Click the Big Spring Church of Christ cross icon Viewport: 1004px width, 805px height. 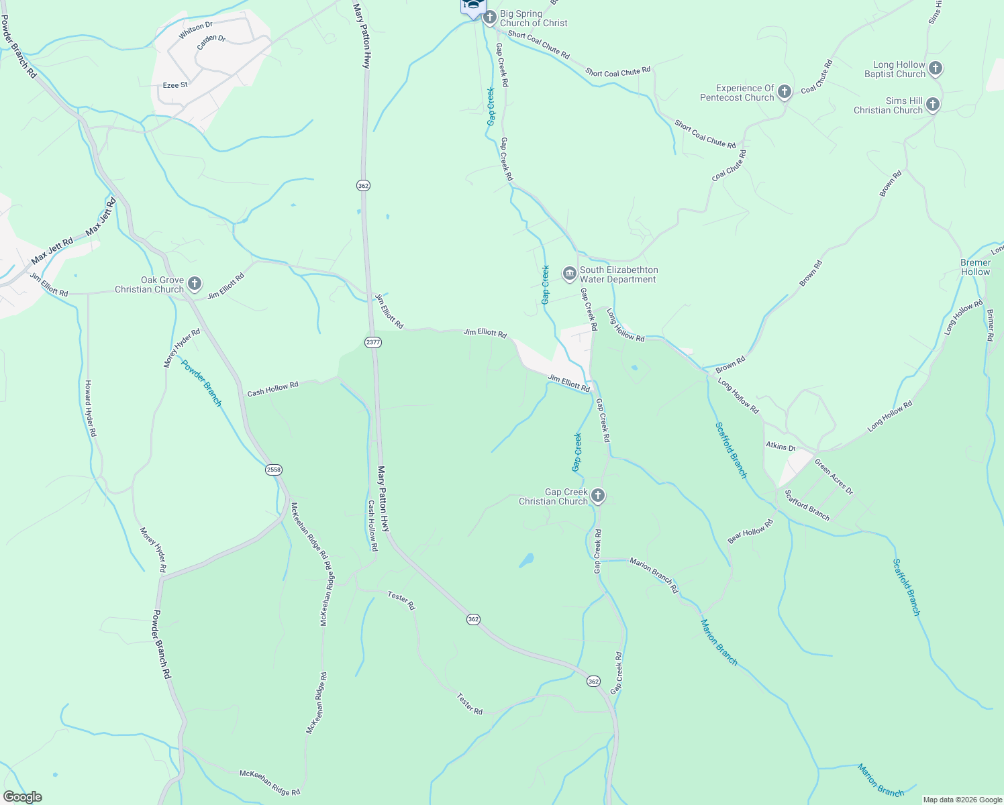(x=490, y=17)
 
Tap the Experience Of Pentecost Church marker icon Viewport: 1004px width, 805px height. (x=784, y=92)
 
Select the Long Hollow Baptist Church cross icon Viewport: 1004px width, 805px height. (x=936, y=68)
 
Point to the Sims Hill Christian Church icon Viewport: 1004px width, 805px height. (x=933, y=105)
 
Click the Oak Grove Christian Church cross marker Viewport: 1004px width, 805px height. (x=194, y=284)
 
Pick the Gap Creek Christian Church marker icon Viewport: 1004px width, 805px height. (x=597, y=496)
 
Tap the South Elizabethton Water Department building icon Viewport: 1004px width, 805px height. (x=569, y=274)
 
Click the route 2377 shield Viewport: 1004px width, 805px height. (x=373, y=342)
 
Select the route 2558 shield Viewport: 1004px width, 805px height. (x=273, y=470)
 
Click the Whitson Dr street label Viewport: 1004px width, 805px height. (x=196, y=30)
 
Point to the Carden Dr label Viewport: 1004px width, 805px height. (x=211, y=42)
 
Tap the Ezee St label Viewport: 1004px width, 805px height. (x=175, y=85)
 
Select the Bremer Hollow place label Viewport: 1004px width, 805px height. (x=975, y=267)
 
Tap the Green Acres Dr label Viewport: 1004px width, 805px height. (x=834, y=476)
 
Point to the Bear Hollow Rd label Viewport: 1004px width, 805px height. (x=750, y=532)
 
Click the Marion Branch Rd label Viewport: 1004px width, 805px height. (x=654, y=575)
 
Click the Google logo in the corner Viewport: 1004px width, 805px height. (x=22, y=797)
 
